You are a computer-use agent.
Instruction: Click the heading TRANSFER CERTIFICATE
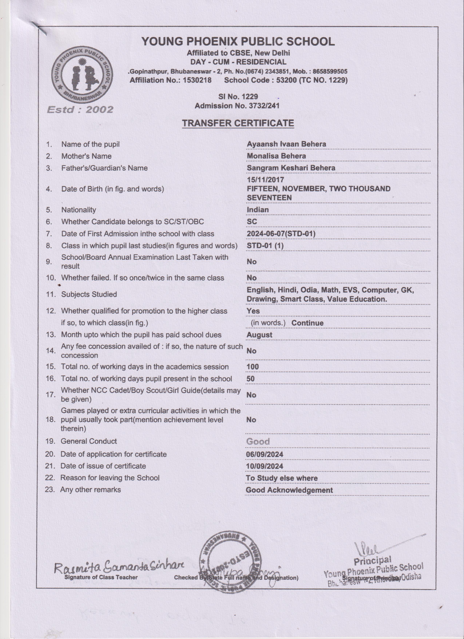click(238, 123)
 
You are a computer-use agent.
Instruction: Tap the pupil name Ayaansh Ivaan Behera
click(286, 144)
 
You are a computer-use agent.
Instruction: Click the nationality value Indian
click(257, 210)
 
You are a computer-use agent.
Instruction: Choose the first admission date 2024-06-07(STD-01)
click(281, 234)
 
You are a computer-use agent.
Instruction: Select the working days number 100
click(252, 367)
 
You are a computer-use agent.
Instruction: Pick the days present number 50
click(250, 378)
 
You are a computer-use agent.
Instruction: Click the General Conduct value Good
click(258, 441)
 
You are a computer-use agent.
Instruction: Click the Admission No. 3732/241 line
click(237, 106)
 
